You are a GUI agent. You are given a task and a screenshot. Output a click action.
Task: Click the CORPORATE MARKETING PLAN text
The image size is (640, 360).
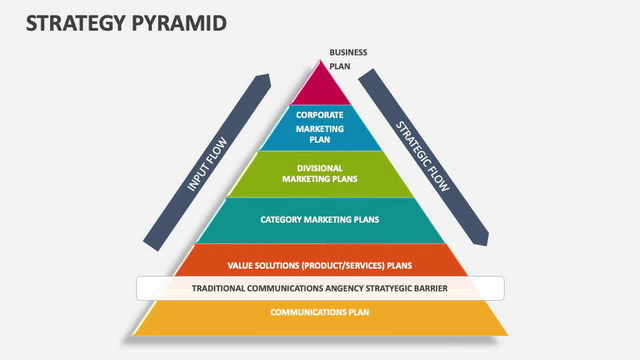tap(319, 127)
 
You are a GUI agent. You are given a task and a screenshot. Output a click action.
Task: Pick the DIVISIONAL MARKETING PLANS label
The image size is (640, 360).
tap(319, 173)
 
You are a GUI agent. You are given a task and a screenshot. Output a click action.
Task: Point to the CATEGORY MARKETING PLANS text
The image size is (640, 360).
tap(319, 219)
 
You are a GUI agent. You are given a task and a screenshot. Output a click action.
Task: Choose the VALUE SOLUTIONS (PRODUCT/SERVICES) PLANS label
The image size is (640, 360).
tap(319, 265)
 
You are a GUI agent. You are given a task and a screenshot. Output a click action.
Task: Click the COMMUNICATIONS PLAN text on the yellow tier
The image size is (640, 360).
tap(319, 312)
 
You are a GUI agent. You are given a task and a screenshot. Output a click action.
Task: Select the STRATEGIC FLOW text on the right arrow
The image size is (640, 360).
tap(423, 155)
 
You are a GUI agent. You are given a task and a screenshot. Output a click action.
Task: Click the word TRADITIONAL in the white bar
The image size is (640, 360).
tap(217, 289)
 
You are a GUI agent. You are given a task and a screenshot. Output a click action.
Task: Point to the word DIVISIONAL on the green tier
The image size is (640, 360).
tap(320, 169)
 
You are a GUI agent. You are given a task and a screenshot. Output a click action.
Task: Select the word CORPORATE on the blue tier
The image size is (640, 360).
tap(320, 115)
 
